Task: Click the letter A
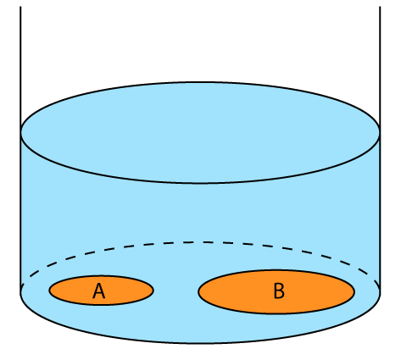[x=98, y=291]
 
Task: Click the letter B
[x=279, y=291]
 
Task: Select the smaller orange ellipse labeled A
[x=101, y=290]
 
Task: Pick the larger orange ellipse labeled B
[x=276, y=291]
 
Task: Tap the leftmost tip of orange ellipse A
[x=49, y=291]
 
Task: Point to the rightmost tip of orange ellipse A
[x=153, y=291]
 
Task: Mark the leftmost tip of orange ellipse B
[x=198, y=292]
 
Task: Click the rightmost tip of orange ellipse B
[x=354, y=292]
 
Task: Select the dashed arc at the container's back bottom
[x=200, y=242]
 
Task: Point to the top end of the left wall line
[x=20, y=7]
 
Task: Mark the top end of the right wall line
[x=380, y=7]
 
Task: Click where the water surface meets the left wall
[x=20, y=132]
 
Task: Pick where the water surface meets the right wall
[x=380, y=132]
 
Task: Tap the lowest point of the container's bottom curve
[x=200, y=343]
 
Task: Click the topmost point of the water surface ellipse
[x=200, y=82]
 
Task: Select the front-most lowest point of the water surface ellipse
[x=200, y=183]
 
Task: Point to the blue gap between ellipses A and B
[x=175, y=291]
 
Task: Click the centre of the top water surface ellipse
[x=200, y=133]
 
